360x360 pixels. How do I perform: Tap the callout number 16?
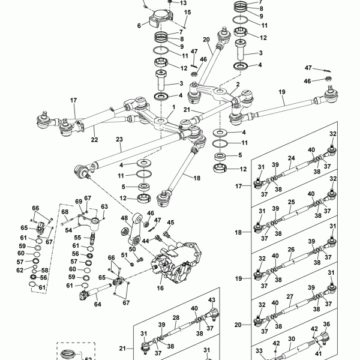tap(160, 289)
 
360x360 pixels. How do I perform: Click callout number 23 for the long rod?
tap(119, 139)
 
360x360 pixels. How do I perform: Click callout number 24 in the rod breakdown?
tap(290, 159)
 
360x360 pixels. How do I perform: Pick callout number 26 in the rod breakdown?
tap(290, 250)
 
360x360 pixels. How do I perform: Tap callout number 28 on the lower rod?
tap(176, 318)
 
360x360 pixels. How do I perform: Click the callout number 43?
tap(211, 300)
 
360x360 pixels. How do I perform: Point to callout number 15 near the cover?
tap(187, 12)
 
